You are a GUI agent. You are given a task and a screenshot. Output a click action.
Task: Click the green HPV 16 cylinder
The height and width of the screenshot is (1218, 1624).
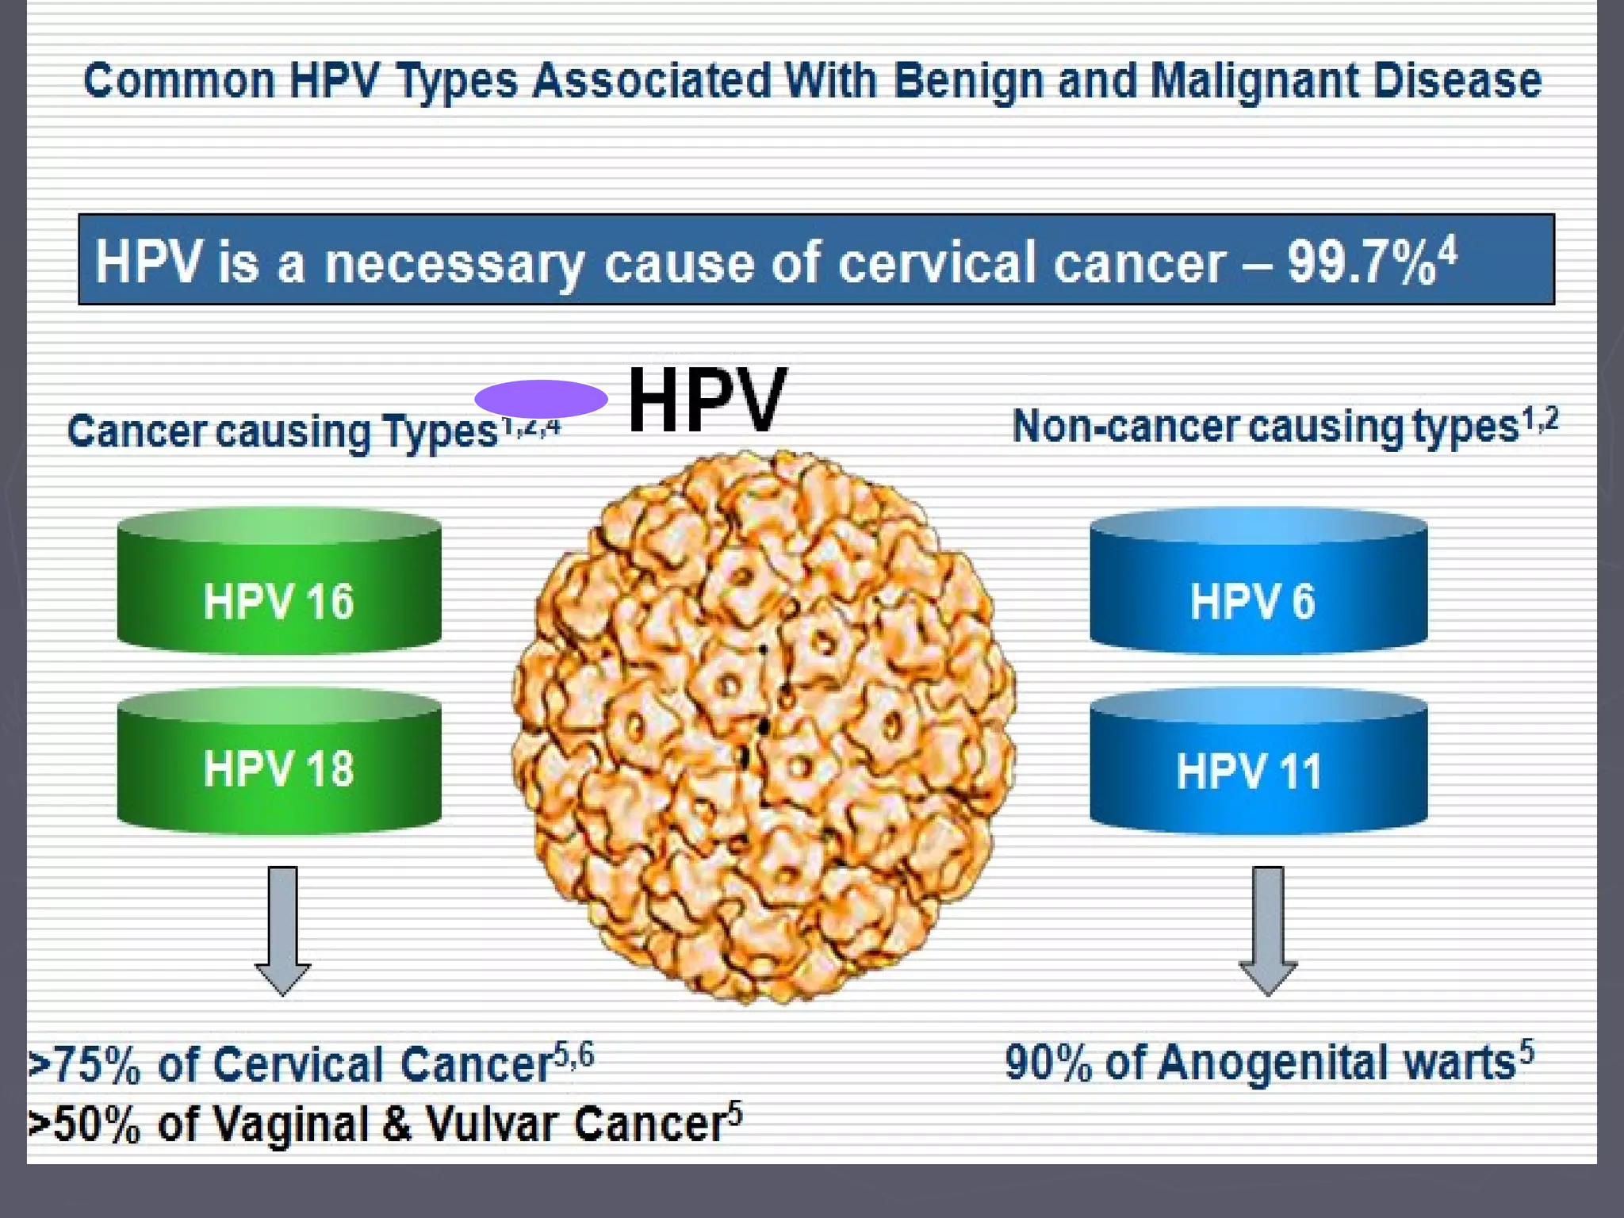click(279, 583)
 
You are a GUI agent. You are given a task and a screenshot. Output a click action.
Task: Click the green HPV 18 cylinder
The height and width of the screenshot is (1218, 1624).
click(279, 763)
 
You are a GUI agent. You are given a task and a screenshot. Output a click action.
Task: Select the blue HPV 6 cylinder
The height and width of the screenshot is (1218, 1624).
click(1258, 583)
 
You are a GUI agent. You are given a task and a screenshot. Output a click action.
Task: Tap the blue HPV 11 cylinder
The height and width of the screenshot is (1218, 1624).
click(1258, 763)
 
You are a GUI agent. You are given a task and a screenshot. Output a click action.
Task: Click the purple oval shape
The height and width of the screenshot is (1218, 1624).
click(541, 399)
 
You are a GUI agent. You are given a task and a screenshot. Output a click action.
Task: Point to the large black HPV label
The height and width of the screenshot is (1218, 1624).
click(707, 401)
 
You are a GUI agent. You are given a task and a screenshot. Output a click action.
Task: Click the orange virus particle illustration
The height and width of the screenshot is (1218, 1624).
click(763, 726)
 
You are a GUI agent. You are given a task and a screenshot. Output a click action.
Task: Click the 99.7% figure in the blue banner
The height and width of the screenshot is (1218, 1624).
click(1361, 262)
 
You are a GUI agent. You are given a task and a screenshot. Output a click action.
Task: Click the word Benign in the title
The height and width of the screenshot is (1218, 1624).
click(968, 82)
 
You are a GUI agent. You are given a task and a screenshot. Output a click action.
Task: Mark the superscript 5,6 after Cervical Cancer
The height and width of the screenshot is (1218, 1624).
click(573, 1055)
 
